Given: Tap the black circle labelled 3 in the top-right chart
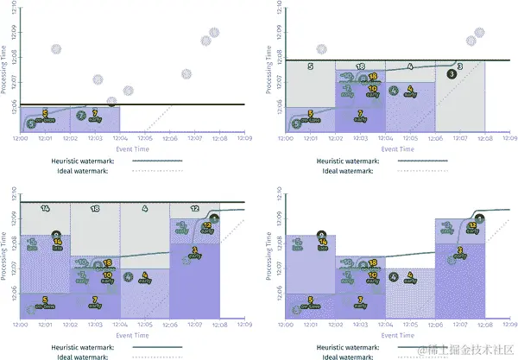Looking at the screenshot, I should point(452,74).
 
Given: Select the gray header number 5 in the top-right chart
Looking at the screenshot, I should point(311,66).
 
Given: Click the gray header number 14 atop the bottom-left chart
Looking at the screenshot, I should point(45,208).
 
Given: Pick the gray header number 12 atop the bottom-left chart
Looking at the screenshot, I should point(195,208).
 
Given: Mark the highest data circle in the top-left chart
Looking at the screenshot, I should point(214,32).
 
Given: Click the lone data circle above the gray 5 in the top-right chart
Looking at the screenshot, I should point(321,49).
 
